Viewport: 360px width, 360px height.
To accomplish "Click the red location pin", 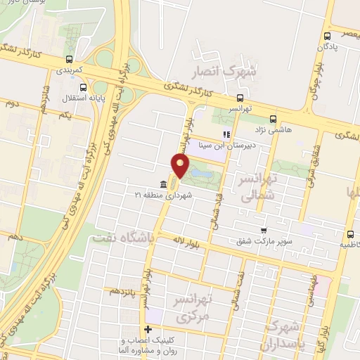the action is coord(181,166).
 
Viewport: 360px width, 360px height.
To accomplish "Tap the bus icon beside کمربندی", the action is coord(69,60).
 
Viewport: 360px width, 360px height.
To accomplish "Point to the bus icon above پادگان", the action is coord(328,37).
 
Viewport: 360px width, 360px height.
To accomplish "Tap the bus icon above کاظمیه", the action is coord(349,235).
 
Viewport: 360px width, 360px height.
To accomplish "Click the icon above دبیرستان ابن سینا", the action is coord(226,134).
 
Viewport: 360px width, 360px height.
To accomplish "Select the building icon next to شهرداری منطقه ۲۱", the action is coord(163,184).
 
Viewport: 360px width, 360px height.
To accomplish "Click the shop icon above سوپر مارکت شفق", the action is coord(264,229).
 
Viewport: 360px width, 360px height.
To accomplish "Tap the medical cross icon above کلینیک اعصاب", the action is coord(148,329).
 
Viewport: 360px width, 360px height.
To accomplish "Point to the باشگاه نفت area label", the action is coord(120,238).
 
